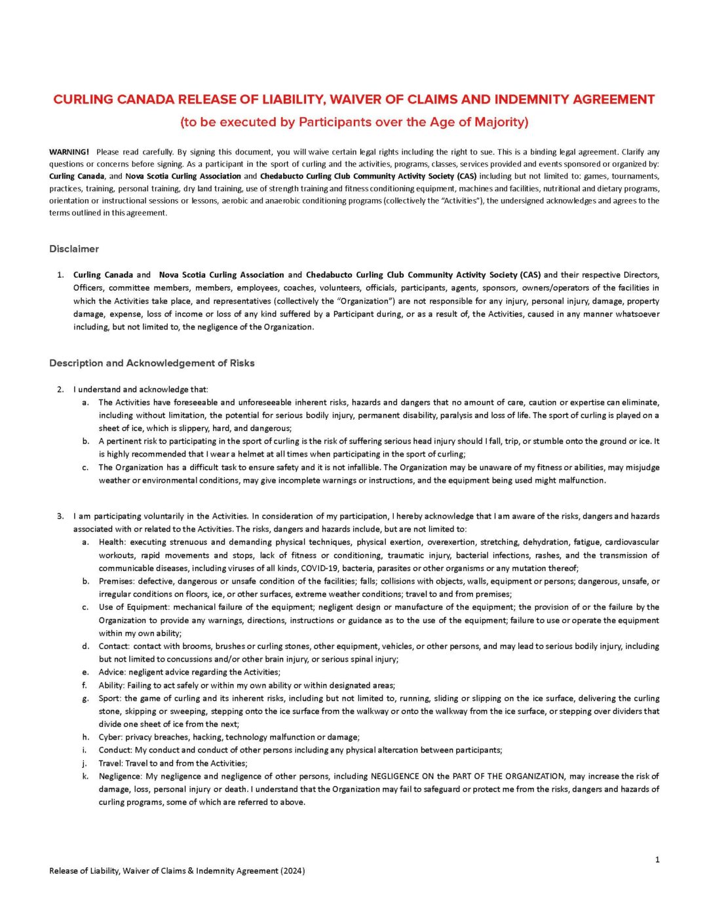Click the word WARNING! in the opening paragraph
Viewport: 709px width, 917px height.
click(x=69, y=152)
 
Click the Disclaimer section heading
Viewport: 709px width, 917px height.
click(x=74, y=249)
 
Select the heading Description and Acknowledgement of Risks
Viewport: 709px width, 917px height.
click(x=152, y=363)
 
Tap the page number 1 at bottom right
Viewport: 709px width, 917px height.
click(x=657, y=859)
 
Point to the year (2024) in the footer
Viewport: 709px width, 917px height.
click(x=292, y=871)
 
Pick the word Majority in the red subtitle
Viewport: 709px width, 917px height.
click(x=499, y=122)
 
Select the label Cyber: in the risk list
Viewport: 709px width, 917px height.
click(x=111, y=738)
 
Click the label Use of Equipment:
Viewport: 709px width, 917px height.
click(x=134, y=607)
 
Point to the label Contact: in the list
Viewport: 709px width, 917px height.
click(x=114, y=646)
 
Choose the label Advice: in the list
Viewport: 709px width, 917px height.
click(x=113, y=672)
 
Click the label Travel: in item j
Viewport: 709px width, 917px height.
click(x=111, y=763)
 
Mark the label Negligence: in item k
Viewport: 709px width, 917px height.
click(x=120, y=776)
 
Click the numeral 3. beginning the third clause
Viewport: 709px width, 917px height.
click(x=60, y=516)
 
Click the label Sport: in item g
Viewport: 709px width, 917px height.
click(x=110, y=698)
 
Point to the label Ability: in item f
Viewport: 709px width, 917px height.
click(x=112, y=685)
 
